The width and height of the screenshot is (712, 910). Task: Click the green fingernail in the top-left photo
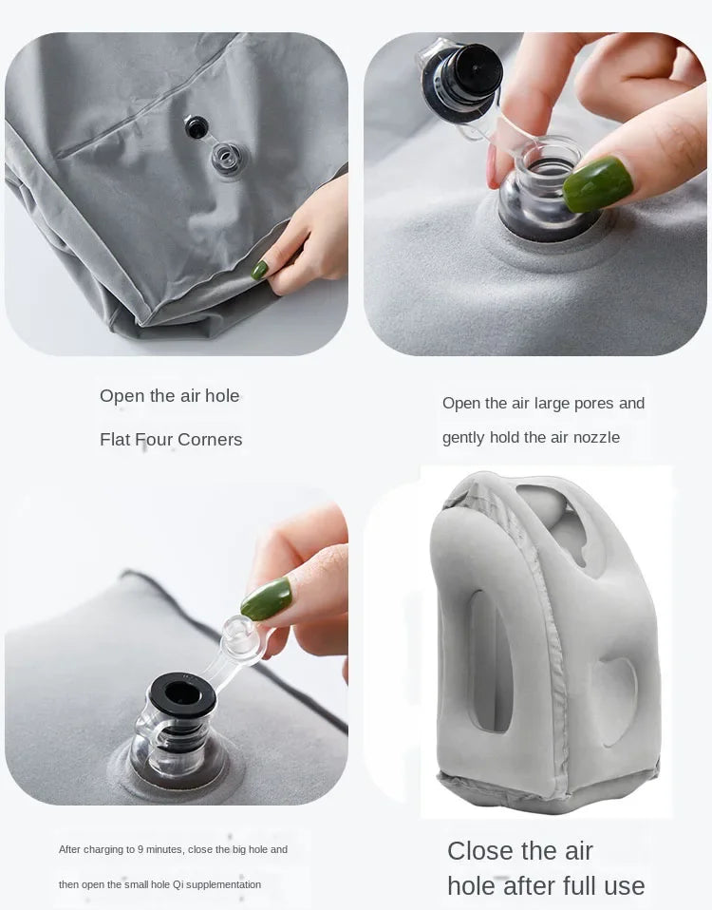[x=259, y=270]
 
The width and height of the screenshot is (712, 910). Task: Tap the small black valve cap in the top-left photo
[x=197, y=126]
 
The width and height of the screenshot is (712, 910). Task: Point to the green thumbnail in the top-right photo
[x=597, y=183]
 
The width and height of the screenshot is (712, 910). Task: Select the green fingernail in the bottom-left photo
[x=266, y=598]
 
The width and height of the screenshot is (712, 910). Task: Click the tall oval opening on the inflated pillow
[x=488, y=661]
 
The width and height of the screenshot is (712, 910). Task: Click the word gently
[x=463, y=438]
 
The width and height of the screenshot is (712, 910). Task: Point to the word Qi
[x=178, y=884]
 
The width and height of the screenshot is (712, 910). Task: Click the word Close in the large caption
[x=480, y=850]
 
